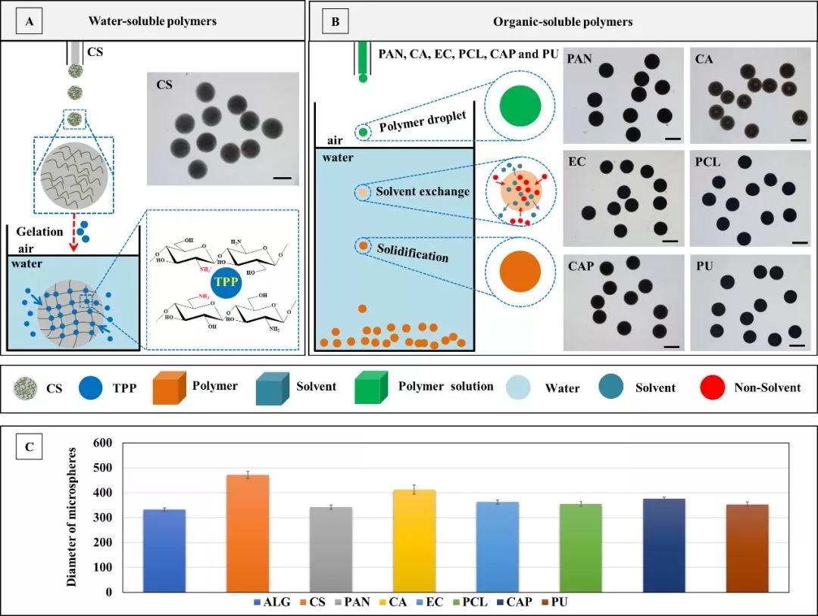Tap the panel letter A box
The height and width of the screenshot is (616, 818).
coord(29,21)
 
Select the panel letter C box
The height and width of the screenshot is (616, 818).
coord(29,446)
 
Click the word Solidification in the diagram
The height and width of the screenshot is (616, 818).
coord(414,252)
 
